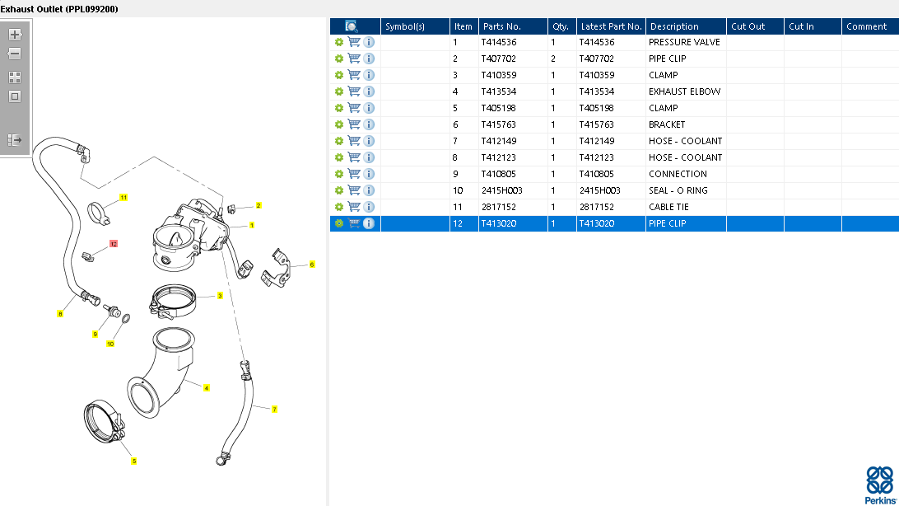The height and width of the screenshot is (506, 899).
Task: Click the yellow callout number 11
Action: [123, 197]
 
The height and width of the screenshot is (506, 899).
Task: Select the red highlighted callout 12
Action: [114, 244]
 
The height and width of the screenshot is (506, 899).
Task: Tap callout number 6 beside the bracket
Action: [312, 265]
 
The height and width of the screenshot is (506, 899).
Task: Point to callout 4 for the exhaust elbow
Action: [207, 388]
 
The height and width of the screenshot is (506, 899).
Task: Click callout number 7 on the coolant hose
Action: [274, 409]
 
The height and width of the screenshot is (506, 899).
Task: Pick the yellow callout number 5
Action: [133, 461]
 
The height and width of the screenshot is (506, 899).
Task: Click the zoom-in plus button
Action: [15, 35]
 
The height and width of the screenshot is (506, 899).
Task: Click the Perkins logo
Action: [880, 485]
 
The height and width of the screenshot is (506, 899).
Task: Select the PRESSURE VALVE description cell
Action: [684, 43]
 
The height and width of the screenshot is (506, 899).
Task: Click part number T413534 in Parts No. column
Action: [499, 91]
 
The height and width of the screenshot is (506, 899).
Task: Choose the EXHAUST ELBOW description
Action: [685, 91]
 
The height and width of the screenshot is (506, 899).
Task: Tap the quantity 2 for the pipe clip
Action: [553, 59]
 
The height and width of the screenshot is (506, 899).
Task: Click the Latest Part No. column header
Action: [611, 26]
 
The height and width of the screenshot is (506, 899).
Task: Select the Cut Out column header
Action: [748, 26]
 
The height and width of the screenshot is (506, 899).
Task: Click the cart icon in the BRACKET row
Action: [354, 124]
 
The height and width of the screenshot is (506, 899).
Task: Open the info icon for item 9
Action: [369, 174]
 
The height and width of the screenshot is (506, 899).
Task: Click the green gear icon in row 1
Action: [339, 43]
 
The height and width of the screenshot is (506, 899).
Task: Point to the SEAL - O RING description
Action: [678, 190]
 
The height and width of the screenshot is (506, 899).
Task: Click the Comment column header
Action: [866, 26]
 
